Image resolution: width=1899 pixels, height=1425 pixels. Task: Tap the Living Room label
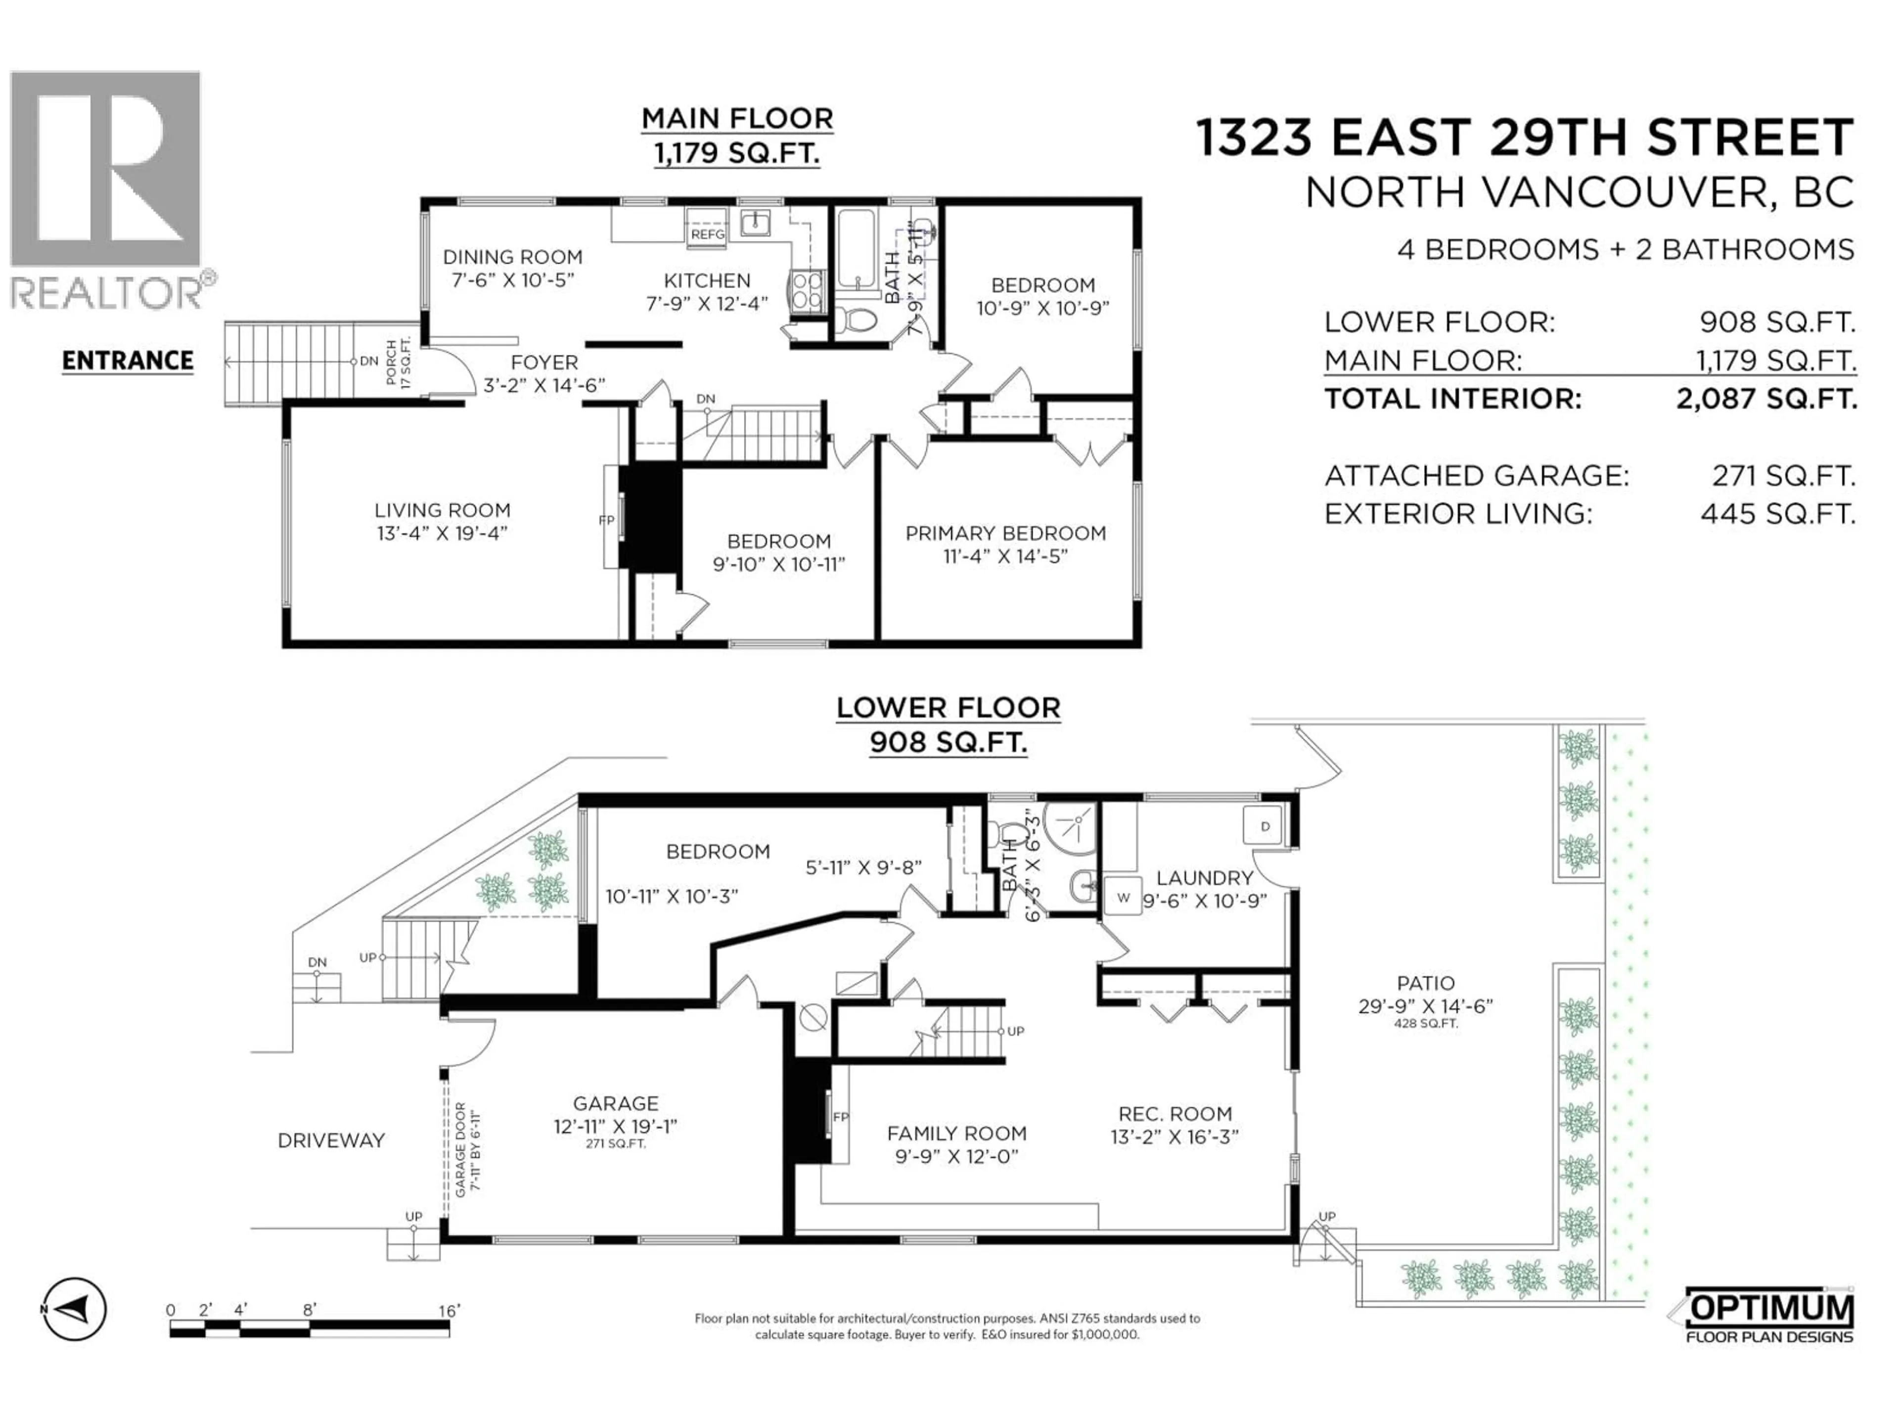point(442,510)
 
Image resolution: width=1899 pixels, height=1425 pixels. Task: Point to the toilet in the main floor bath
point(856,320)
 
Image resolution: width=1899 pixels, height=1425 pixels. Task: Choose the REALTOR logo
point(107,189)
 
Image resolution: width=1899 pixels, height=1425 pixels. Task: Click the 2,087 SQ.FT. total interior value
point(1766,398)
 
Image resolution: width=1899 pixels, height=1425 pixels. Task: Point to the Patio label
point(1425,984)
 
